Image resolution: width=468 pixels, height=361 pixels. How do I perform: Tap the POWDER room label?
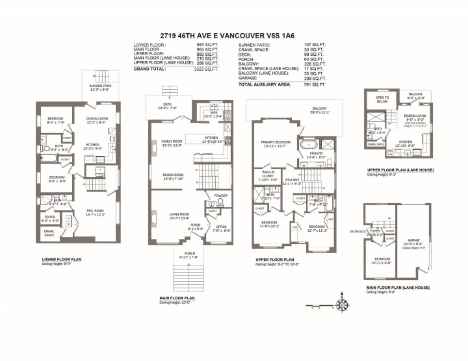point(220,195)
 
